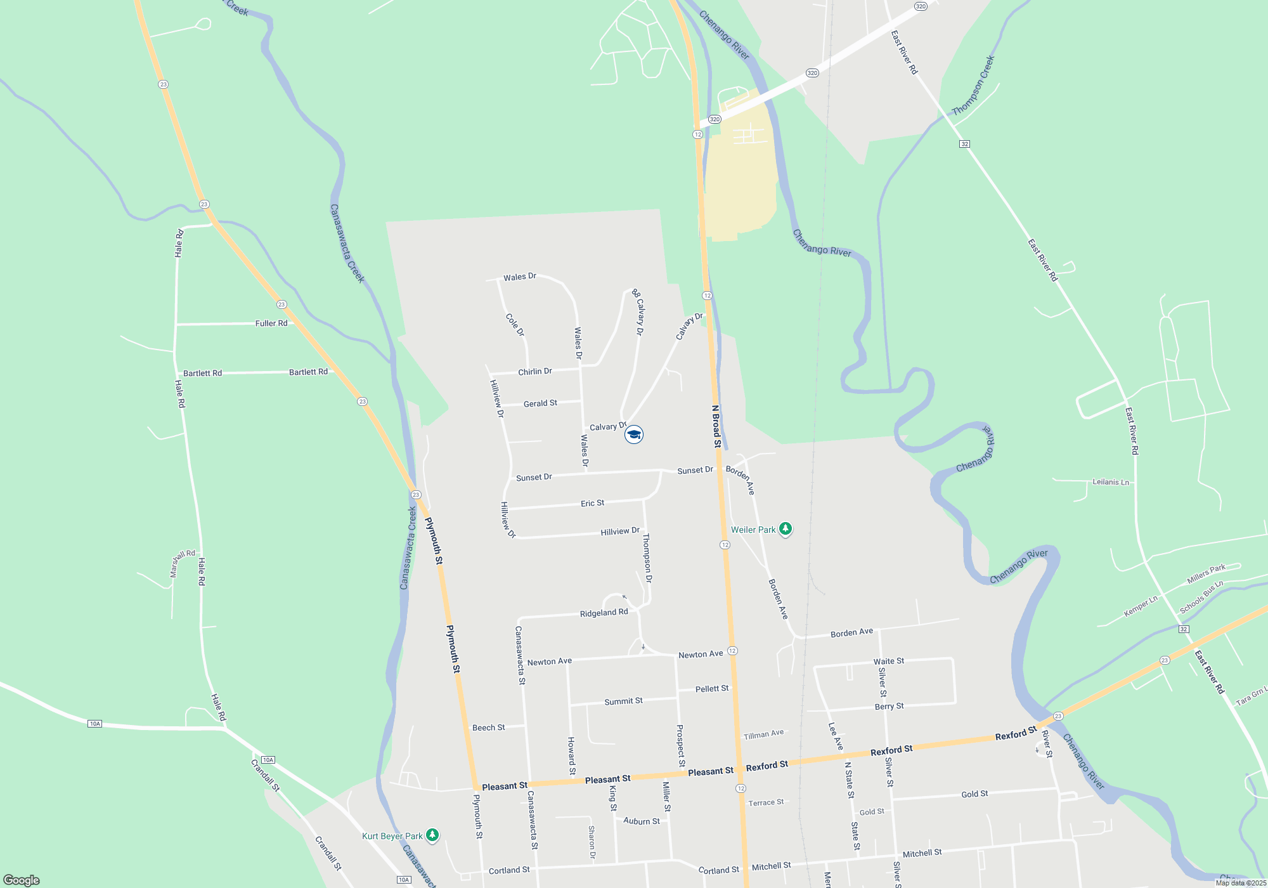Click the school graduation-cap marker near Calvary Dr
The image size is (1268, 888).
(634, 434)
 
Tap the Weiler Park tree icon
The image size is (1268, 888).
(786, 529)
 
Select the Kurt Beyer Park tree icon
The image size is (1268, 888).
(432, 835)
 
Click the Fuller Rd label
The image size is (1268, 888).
(271, 323)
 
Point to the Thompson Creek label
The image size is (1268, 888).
(973, 86)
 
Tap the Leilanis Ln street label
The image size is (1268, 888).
(1111, 482)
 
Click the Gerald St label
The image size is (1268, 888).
(540, 403)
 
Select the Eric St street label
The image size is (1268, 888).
(592, 503)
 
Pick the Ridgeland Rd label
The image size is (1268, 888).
(604, 613)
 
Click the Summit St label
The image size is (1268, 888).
(623, 701)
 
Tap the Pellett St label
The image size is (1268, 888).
(712, 689)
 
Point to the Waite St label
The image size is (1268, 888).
(889, 662)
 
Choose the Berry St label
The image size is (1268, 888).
(889, 707)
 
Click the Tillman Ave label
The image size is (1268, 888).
(763, 735)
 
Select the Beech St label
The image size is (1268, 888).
(488, 728)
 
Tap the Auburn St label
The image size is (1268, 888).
(642, 821)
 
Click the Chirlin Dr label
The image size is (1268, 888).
(535, 372)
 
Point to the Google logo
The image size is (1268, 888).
(22, 880)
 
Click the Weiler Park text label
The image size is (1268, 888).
(753, 530)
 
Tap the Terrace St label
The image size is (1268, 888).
(766, 802)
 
